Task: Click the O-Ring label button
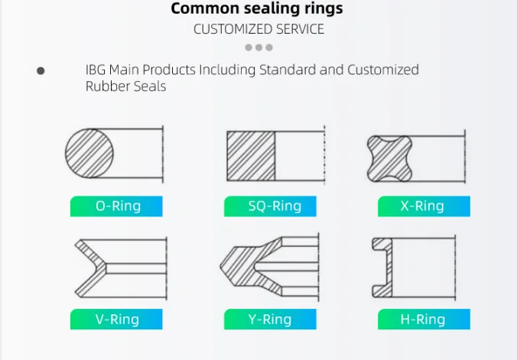click(x=116, y=206)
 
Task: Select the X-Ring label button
click(x=424, y=206)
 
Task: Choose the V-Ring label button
click(x=116, y=319)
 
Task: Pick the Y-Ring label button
click(x=270, y=319)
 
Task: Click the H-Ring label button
click(x=424, y=319)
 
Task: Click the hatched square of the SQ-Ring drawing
click(x=251, y=155)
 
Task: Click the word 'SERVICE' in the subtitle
click(x=301, y=29)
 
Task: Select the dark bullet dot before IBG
click(x=41, y=70)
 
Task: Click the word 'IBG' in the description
click(x=96, y=70)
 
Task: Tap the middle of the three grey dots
click(x=258, y=47)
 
